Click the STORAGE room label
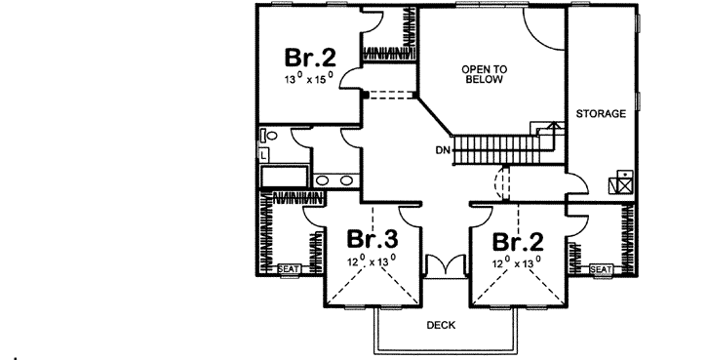600,114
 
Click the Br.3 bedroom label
370,240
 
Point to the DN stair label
444,150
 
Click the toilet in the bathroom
270,138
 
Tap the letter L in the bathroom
263,153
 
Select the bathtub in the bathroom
283,177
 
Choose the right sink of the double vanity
347,180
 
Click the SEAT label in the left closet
289,269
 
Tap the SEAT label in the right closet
600,269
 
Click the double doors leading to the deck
444,265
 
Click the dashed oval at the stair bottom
503,182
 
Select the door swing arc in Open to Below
543,29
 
